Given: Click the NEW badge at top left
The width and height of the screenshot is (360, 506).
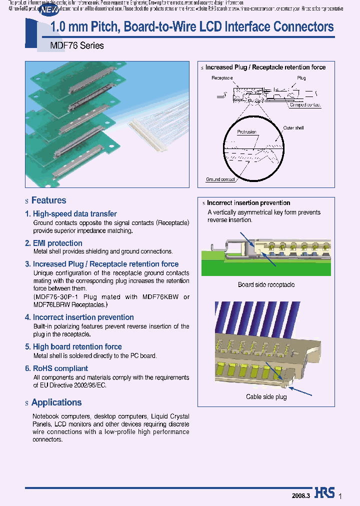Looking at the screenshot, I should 48,9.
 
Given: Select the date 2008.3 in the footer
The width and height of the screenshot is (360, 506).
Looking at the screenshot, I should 301,495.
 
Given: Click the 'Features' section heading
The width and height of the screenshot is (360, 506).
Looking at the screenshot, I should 48,200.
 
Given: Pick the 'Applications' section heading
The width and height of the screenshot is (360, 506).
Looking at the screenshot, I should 56,402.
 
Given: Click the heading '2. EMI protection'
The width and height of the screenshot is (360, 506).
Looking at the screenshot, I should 53,243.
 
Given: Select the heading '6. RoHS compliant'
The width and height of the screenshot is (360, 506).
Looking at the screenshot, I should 56,368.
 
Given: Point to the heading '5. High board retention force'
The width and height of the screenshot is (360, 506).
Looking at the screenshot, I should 73,347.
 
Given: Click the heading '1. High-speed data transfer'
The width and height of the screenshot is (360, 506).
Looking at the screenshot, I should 70,214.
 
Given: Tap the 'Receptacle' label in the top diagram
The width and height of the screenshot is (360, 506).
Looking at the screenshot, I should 222,78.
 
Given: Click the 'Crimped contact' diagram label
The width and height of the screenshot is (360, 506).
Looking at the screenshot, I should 305,105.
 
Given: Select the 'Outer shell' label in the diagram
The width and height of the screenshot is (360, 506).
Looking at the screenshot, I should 293,128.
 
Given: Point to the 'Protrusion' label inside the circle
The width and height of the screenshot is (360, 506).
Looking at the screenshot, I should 246,132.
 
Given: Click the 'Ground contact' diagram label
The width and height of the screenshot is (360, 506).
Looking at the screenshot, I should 220,179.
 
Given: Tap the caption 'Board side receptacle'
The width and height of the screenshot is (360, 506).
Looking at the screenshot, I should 266,285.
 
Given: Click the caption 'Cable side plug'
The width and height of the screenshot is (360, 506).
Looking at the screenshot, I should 266,397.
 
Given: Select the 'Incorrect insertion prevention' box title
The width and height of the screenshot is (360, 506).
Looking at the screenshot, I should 248,203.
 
